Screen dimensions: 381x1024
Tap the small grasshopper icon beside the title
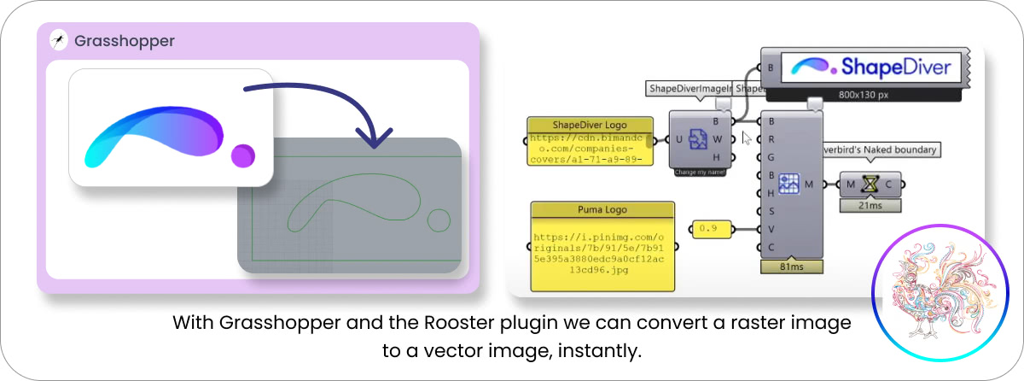59,40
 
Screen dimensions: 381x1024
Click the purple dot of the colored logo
243,155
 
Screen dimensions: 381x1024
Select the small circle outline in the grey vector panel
439,220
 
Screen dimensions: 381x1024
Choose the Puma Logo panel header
602,209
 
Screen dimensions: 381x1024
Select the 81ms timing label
791,267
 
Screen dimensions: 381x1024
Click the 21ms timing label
870,205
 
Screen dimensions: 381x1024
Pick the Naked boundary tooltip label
881,149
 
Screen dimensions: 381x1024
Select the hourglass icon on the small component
870,184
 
